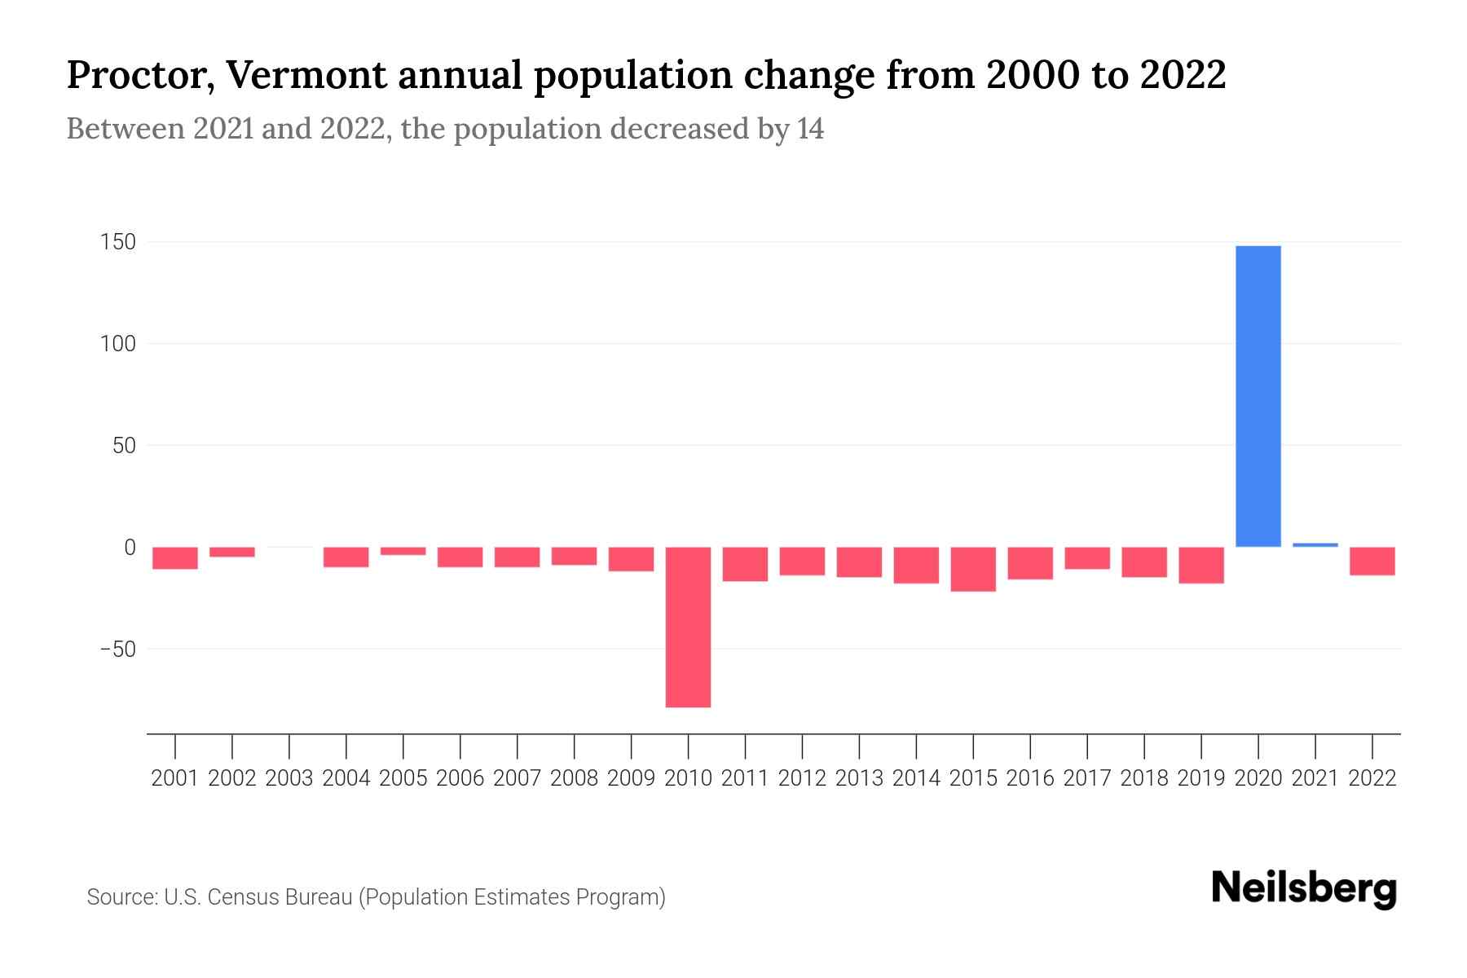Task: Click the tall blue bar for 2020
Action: tap(1258, 396)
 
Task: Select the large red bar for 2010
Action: tap(688, 627)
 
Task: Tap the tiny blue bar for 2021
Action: tap(1315, 544)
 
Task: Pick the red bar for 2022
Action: tap(1372, 562)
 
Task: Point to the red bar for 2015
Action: tap(973, 569)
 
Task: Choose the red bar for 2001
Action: tap(175, 558)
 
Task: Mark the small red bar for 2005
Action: tap(403, 552)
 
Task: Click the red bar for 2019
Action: tap(1200, 565)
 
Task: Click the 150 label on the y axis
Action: tap(118, 242)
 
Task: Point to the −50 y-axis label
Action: tap(117, 650)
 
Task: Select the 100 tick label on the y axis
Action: tap(118, 344)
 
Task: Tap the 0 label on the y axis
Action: tap(129, 548)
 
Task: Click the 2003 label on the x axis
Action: tap(289, 778)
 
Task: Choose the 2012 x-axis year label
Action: tap(802, 778)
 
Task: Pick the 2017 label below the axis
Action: tap(1086, 778)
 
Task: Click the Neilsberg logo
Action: tap(1304, 888)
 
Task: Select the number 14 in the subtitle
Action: tap(810, 130)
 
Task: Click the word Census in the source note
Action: tap(244, 897)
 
